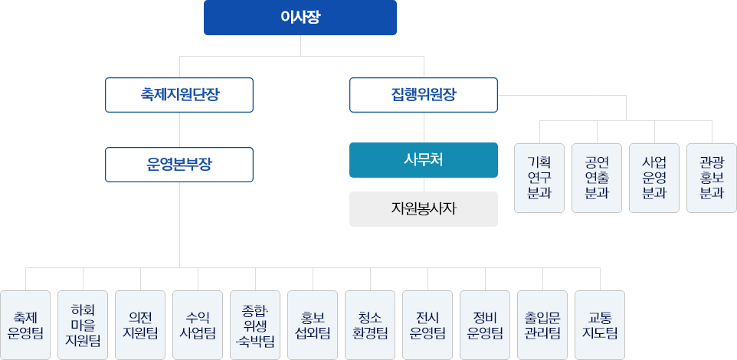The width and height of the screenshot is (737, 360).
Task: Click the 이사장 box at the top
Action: pos(300,18)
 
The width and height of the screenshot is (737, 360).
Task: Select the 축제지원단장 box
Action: pos(179,95)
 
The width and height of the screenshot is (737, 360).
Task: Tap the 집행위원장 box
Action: pos(423,95)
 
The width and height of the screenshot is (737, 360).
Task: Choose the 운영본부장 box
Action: pos(179,164)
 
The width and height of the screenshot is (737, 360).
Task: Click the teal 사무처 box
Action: pos(423,160)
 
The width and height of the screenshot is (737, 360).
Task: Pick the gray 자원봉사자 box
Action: pos(423,208)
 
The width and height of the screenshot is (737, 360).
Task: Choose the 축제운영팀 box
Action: pos(25,325)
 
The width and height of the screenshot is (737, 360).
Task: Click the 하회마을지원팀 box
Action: pos(83,325)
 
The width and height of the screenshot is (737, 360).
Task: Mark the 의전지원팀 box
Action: pos(140,325)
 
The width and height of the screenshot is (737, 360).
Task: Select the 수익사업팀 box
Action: pos(198,325)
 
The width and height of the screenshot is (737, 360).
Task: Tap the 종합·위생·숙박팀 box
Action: pos(255,325)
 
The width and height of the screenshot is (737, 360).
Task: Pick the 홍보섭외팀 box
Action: pos(313,325)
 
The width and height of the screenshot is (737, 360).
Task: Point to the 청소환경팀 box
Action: pos(370,325)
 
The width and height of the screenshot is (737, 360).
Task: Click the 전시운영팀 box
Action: pos(427,325)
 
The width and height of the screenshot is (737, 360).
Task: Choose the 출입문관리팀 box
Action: pos(542,325)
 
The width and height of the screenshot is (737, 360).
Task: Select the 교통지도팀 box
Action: pos(600,325)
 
